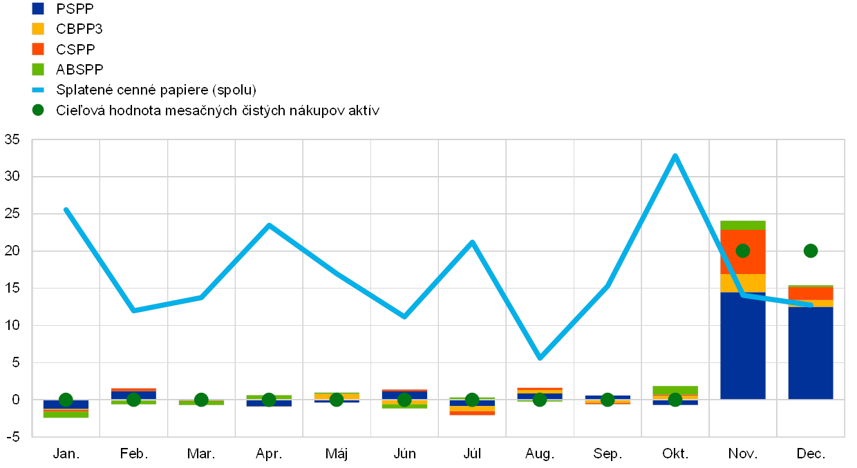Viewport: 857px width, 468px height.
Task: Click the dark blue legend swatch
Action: click(38, 8)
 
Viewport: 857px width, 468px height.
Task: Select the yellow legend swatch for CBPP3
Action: click(38, 29)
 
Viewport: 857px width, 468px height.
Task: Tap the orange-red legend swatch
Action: click(38, 49)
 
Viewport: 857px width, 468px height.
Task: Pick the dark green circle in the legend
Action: click(38, 110)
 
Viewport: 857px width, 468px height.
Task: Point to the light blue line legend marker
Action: click(38, 90)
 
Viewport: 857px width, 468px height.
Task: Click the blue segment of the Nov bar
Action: click(742, 345)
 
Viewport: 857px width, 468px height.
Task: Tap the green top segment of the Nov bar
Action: click(742, 225)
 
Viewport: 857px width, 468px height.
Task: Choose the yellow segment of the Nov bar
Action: click(742, 283)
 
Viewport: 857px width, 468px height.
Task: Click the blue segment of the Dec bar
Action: click(810, 353)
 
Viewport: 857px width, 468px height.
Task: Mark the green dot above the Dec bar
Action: click(811, 251)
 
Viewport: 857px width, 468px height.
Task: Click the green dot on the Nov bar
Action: click(743, 251)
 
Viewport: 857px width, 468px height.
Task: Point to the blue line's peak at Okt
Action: click(675, 155)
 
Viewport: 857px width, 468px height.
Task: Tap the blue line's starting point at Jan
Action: click(66, 209)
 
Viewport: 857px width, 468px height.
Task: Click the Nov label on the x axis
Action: click(742, 454)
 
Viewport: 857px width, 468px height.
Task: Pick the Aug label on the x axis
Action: click(538, 454)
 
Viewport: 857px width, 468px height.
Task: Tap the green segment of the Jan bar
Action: click(66, 415)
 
